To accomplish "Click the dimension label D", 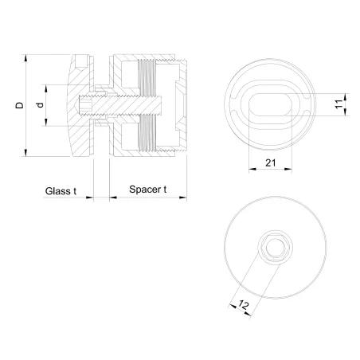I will (18, 105).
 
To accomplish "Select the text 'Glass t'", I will (61, 191).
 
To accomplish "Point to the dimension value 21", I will (272, 163).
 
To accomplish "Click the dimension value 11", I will (338, 105).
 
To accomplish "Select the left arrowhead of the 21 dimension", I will (252, 169).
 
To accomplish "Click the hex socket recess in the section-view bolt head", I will (89, 105).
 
